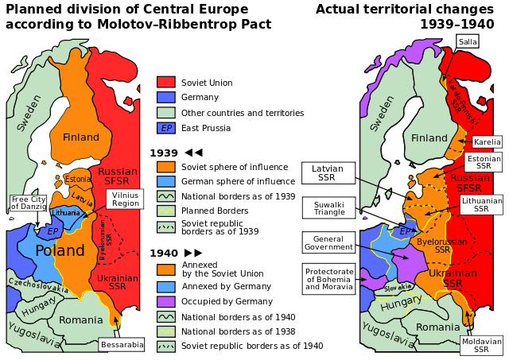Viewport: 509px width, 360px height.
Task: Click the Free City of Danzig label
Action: (28, 203)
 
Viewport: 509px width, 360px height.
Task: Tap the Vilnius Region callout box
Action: (125, 199)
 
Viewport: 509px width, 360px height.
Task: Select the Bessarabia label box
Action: (122, 345)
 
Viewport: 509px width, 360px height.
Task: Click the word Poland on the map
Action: (60, 251)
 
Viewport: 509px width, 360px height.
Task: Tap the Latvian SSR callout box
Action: (328, 173)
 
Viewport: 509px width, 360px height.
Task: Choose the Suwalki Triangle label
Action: (328, 208)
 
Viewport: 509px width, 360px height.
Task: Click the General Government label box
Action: (328, 242)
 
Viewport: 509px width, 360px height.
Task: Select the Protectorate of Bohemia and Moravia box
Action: (328, 279)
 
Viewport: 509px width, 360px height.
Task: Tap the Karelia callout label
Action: (487, 142)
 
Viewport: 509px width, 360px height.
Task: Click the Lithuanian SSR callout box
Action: (481, 206)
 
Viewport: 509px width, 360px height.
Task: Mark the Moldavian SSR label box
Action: (481, 346)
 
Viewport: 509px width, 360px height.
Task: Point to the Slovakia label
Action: (398, 287)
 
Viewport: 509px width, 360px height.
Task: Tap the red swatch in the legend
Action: (165, 82)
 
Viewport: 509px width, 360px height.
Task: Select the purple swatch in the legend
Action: (165, 302)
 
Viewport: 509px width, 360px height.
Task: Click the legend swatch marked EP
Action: (165, 128)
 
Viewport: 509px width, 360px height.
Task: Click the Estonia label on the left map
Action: (77, 179)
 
